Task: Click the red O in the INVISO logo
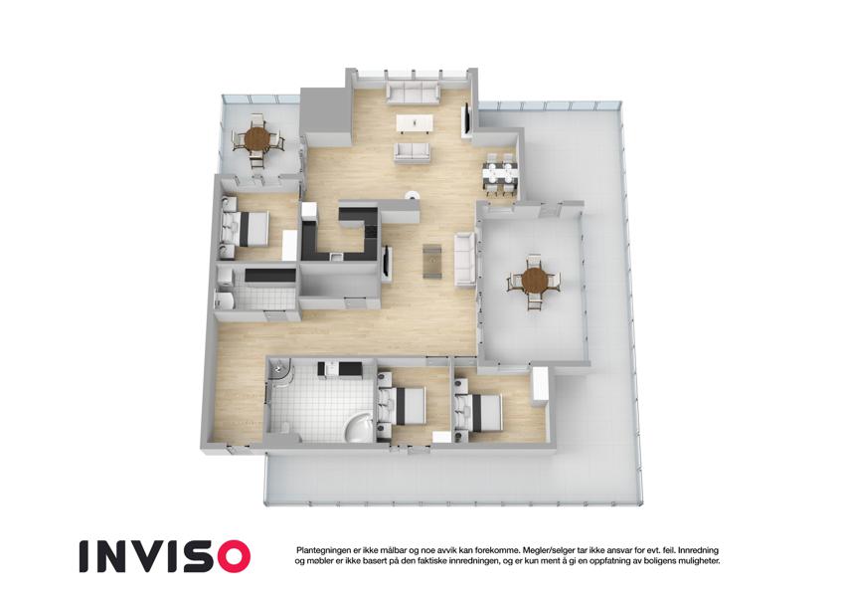point(230,556)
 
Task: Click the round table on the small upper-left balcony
point(256,139)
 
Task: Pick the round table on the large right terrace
point(535,281)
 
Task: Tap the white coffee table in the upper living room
point(414,123)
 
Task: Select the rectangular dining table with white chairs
point(500,174)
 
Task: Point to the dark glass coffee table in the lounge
point(431,261)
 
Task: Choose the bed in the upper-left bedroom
point(246,229)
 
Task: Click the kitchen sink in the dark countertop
point(336,257)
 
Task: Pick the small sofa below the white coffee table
point(413,153)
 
